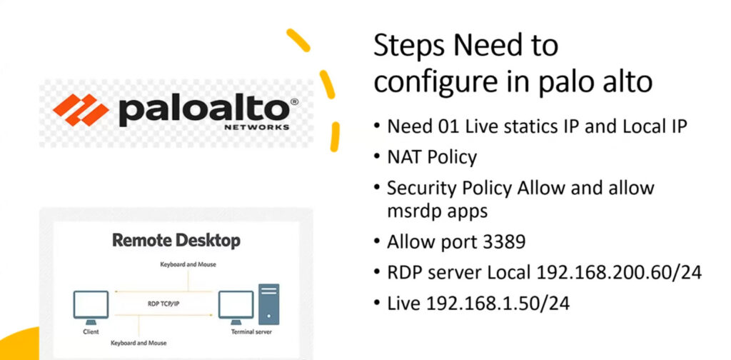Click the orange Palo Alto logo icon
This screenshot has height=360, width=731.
coord(81,110)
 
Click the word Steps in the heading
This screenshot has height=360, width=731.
coord(409,47)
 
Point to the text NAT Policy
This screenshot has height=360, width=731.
coord(432,158)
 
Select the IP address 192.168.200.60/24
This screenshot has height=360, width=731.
coord(619,272)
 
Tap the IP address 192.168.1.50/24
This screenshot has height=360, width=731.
coord(498,303)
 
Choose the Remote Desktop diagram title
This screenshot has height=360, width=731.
coord(177,241)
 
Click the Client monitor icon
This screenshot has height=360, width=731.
coord(91,307)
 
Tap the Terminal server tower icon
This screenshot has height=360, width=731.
coord(268,304)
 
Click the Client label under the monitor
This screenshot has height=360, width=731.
coord(91,332)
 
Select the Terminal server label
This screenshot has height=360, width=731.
coord(251,332)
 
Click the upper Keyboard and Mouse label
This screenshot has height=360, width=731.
coord(188,264)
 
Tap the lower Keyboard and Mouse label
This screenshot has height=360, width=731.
coord(138,343)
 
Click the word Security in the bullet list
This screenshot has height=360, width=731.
coord(422,188)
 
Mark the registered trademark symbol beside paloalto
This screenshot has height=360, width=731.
coord(294,102)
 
